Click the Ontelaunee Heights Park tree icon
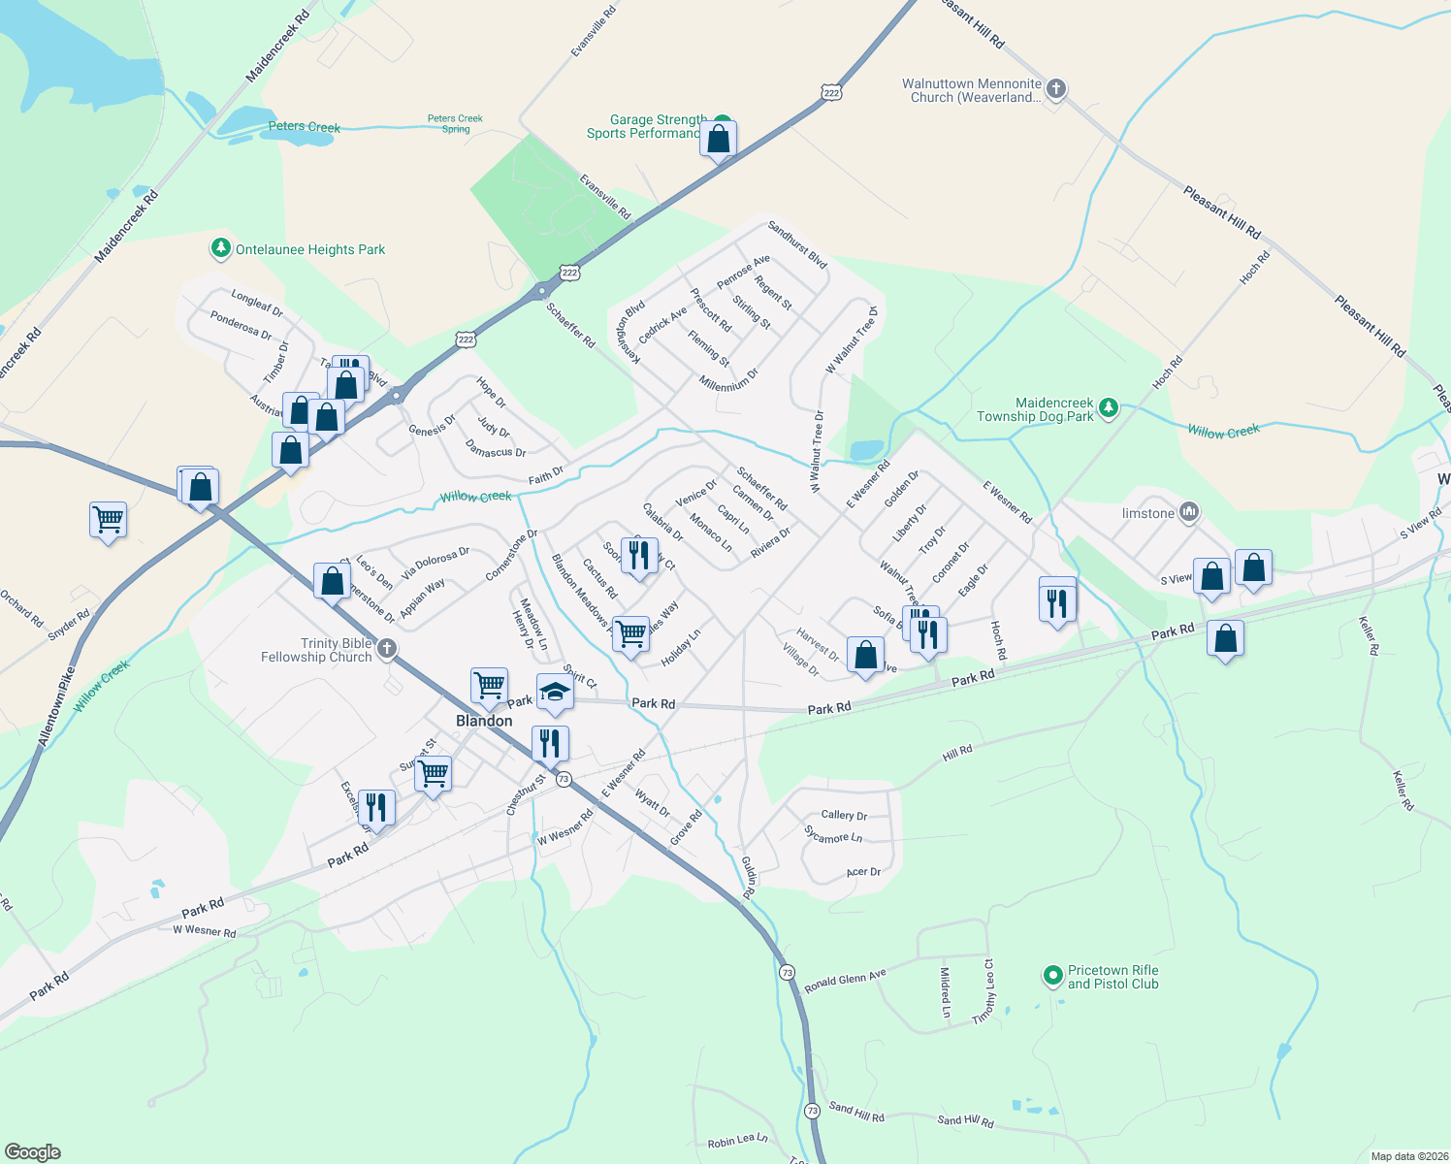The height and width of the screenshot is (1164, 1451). click(x=221, y=249)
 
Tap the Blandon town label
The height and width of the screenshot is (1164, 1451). click(x=484, y=721)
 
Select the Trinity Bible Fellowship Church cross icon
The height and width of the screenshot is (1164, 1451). click(x=386, y=649)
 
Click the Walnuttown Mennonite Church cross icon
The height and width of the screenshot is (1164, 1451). click(x=1056, y=89)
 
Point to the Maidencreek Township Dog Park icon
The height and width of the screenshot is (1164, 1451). click(x=1109, y=409)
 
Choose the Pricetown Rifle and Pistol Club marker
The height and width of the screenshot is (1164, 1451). click(x=1052, y=976)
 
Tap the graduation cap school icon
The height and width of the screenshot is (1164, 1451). click(x=555, y=692)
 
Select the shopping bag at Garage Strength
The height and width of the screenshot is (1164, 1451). click(x=719, y=140)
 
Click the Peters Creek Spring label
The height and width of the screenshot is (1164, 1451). click(x=455, y=123)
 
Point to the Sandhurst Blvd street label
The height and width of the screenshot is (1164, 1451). click(x=797, y=244)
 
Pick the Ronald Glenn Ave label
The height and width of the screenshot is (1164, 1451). click(x=845, y=982)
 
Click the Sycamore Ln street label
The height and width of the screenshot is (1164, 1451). click(x=833, y=834)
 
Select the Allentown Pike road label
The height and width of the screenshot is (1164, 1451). click(x=56, y=706)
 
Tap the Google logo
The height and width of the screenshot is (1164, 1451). click(x=33, y=1151)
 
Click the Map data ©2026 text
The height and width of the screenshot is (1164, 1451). click(x=1405, y=1156)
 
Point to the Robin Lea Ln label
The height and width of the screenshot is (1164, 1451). click(x=737, y=1142)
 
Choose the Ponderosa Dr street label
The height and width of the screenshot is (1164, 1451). click(x=241, y=326)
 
